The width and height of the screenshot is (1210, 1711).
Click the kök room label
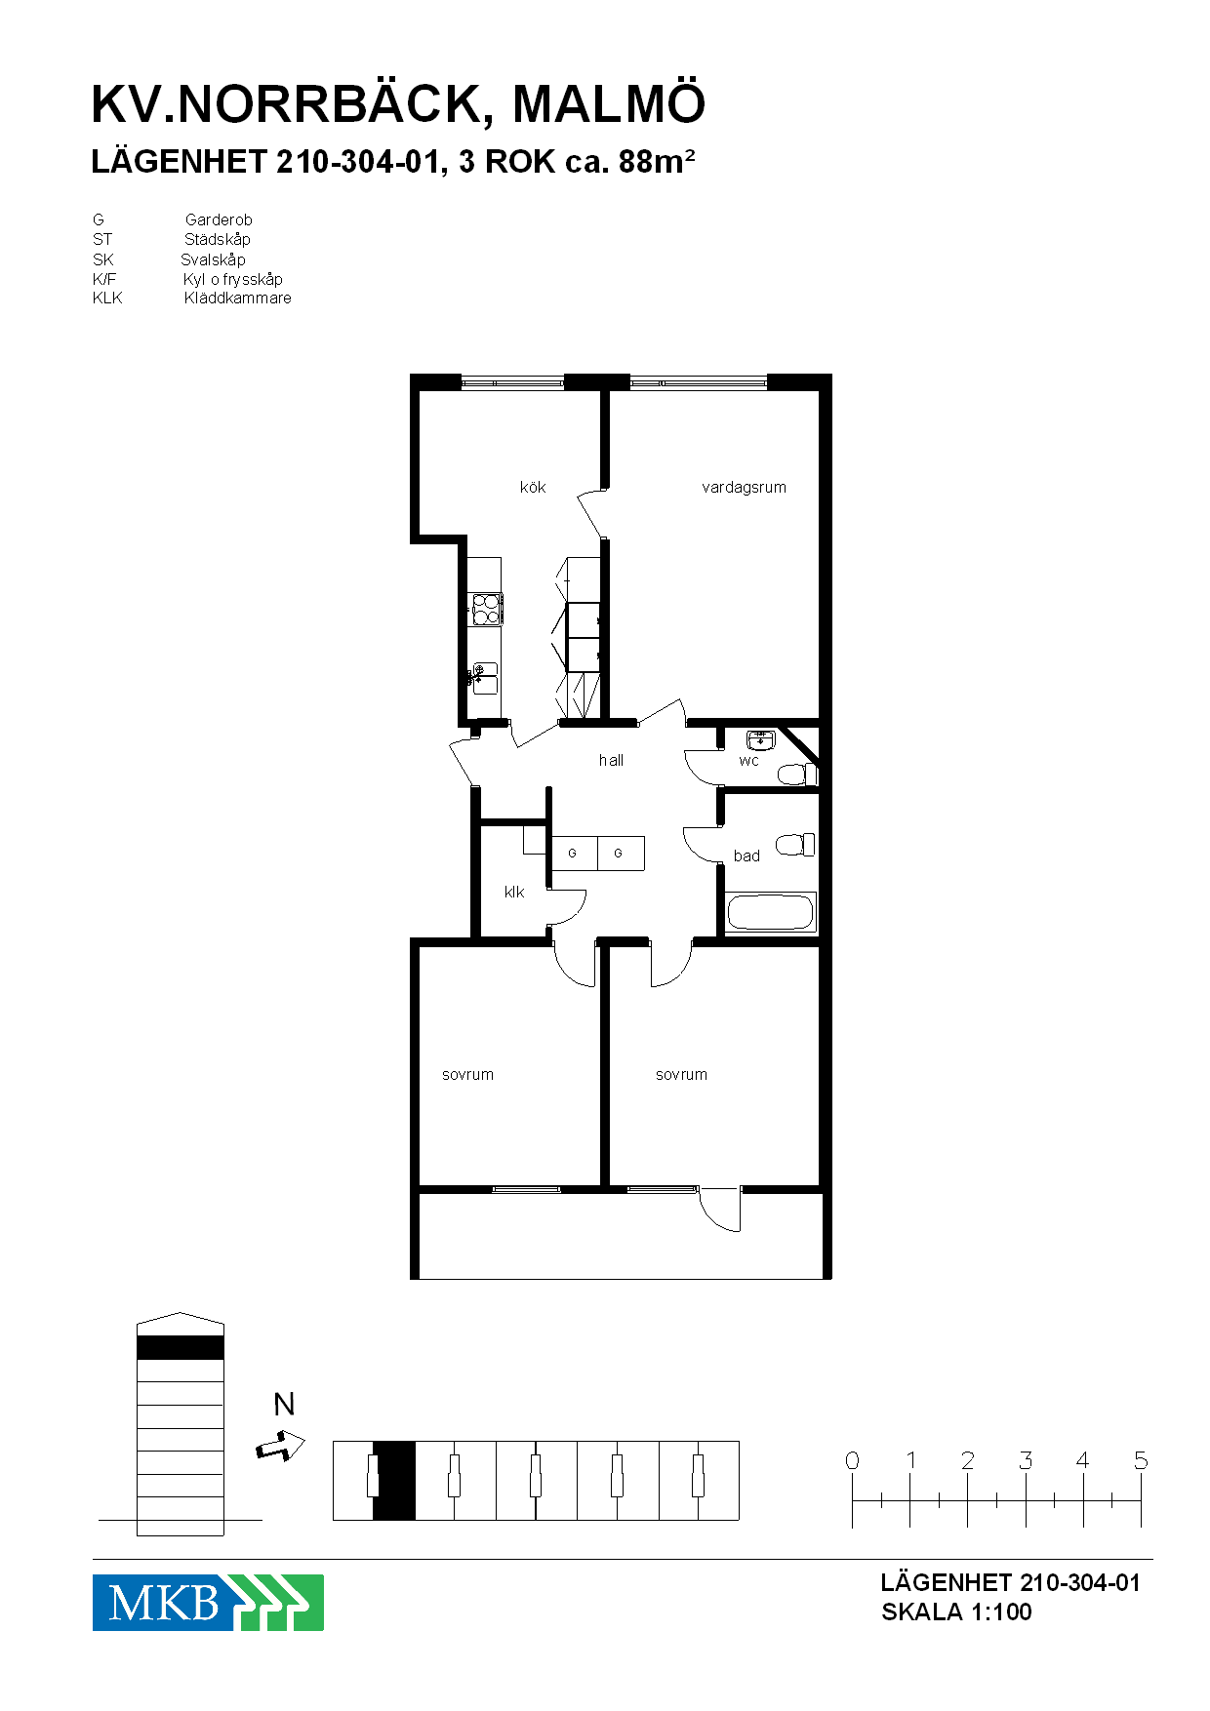tap(533, 487)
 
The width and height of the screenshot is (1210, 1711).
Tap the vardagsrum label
tap(744, 487)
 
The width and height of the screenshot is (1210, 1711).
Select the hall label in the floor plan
tap(611, 760)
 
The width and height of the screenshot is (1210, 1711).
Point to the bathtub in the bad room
tap(770, 913)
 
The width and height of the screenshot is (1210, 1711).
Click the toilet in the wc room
tap(796, 775)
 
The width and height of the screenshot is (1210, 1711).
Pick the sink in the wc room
tap(760, 739)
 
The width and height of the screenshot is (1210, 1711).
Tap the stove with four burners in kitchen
tap(486, 609)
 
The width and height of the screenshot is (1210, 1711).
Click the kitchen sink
tap(484, 677)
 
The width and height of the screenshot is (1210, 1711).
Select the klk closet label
tap(514, 892)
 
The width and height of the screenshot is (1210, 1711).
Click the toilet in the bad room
tap(795, 845)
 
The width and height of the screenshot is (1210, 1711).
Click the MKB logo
tap(208, 1602)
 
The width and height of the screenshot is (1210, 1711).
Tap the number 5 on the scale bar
tap(1140, 1460)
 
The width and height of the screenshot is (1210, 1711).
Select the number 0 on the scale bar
tap(852, 1460)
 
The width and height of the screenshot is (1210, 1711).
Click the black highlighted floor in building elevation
tap(181, 1348)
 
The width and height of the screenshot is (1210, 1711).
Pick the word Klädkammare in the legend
tap(237, 298)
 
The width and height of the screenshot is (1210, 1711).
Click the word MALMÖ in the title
tap(609, 103)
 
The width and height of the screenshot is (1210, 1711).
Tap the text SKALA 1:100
tap(956, 1612)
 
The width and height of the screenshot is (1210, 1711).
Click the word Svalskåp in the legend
tap(213, 259)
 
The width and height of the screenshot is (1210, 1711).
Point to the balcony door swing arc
tap(714, 1217)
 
